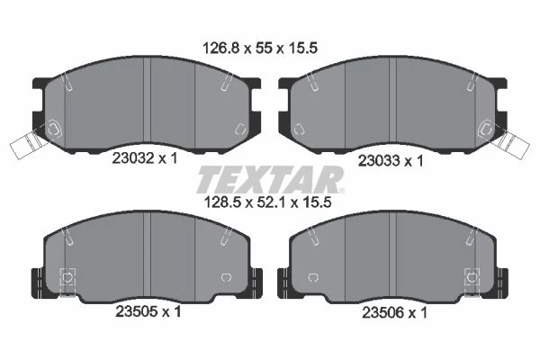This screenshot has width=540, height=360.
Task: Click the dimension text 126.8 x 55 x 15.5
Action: [260, 49]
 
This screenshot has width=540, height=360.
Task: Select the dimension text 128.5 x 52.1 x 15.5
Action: [267, 202]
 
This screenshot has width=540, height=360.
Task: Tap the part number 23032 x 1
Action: [145, 158]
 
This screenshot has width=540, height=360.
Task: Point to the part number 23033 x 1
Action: [391, 161]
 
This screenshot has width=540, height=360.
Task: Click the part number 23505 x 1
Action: [148, 311]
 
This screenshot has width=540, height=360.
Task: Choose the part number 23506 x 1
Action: [394, 313]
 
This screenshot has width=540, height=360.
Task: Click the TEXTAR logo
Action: [270, 179]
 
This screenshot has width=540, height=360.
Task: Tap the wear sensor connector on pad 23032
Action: [25, 146]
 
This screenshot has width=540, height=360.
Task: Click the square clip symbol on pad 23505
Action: [67, 276]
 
